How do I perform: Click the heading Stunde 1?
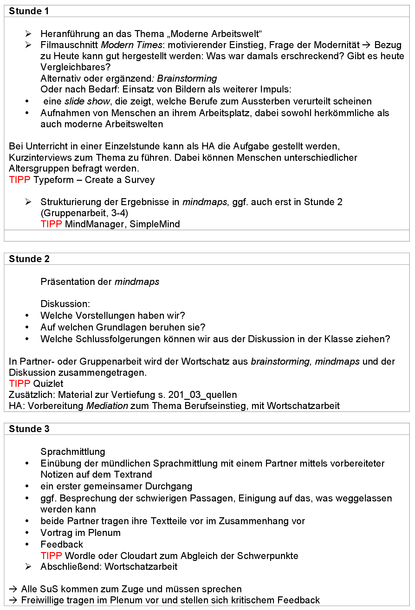(29, 11)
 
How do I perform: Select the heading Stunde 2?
(29, 259)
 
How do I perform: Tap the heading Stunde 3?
(29, 429)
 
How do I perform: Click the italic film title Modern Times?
(132, 45)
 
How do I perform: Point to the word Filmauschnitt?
(69, 45)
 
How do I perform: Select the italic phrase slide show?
(87, 101)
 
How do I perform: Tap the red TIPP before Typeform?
(20, 180)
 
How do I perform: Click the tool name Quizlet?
(48, 384)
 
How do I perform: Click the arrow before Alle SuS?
(13, 589)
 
